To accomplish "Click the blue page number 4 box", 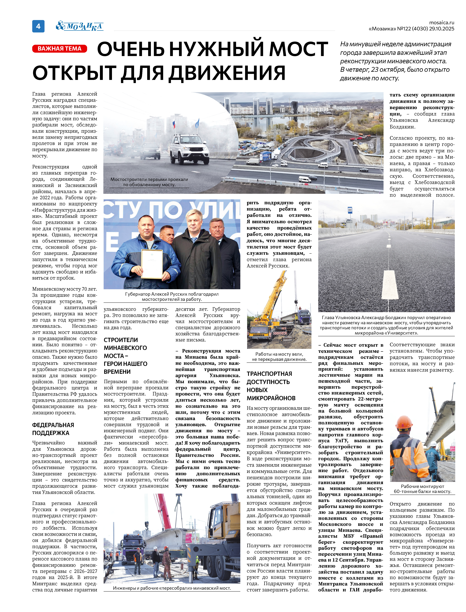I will (x=38, y=26).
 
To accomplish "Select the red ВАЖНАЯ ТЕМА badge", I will (x=60, y=49).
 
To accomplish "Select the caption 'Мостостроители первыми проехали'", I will (x=149, y=182).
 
